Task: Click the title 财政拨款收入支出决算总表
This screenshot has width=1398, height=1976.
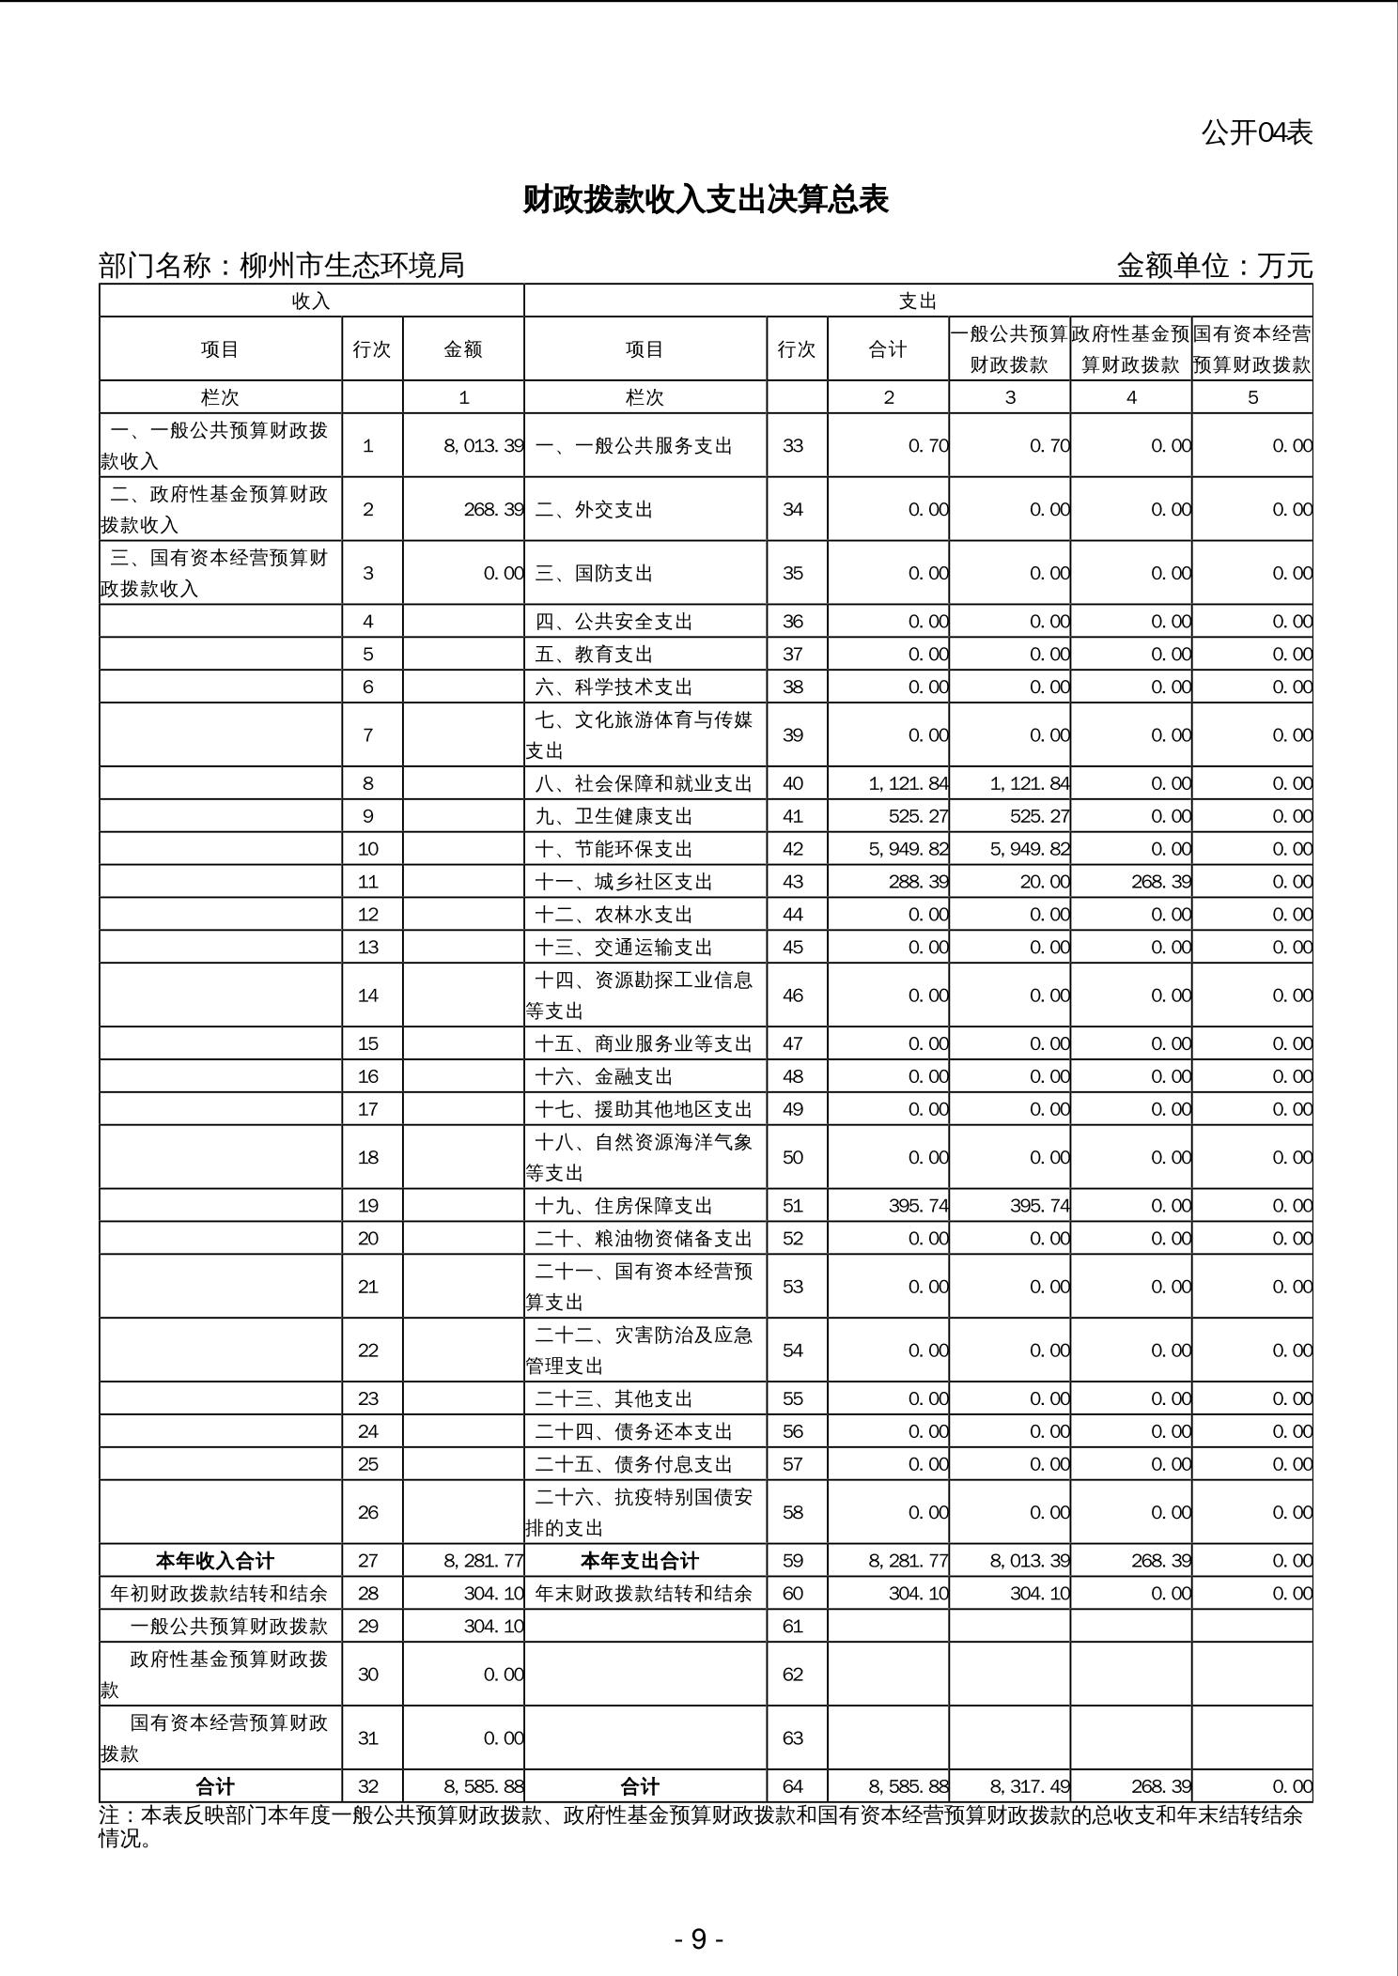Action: [x=705, y=200]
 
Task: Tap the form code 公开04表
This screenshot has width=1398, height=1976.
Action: [x=1256, y=132]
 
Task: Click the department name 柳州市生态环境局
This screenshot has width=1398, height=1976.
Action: [x=351, y=266]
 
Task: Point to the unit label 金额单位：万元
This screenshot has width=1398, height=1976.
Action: [x=1214, y=266]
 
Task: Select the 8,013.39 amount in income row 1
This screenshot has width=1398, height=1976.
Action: [x=483, y=446]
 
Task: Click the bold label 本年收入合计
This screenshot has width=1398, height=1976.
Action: [x=215, y=1561]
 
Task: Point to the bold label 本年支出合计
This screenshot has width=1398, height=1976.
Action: [x=640, y=1561]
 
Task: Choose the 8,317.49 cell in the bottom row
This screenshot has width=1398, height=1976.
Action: [x=1029, y=1786]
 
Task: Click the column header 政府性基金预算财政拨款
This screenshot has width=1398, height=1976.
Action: [x=1131, y=349]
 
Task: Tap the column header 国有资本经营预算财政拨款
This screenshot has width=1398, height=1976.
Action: [x=1252, y=349]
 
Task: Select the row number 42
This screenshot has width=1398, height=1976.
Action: [x=793, y=849]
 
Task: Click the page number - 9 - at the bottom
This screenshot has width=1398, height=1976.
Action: [x=698, y=1938]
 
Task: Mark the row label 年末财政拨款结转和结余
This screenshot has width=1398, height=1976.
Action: [x=644, y=1594]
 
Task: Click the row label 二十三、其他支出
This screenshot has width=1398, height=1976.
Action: [x=614, y=1398]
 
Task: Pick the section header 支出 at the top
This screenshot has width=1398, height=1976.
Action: [x=918, y=301]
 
